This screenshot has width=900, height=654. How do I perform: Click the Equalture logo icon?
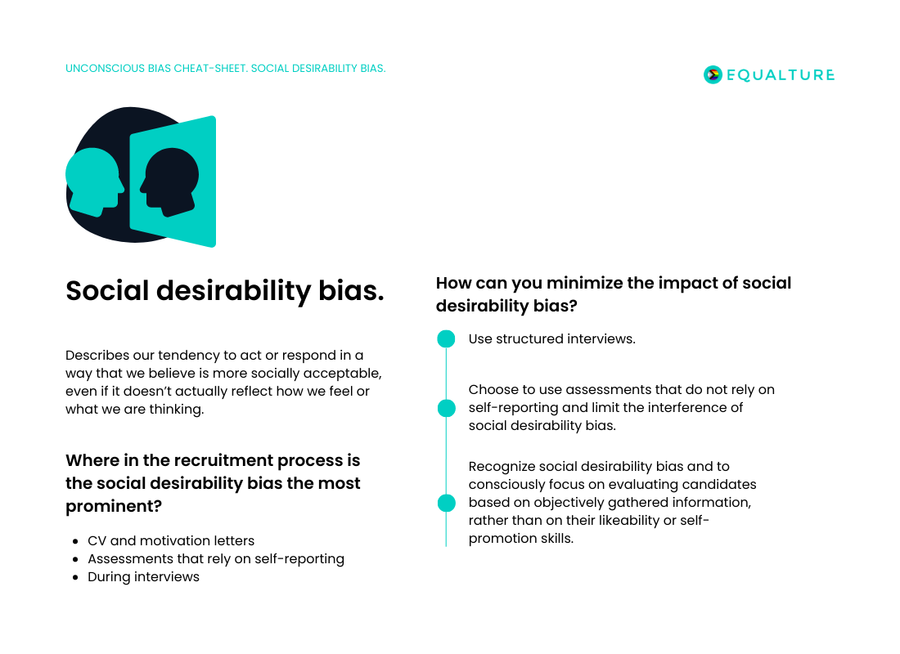[x=713, y=74]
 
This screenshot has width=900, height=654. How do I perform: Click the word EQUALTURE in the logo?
[x=781, y=75]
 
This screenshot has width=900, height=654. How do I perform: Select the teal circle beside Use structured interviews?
[x=446, y=338]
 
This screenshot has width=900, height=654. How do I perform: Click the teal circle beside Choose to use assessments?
[x=446, y=408]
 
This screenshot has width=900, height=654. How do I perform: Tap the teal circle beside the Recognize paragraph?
[x=446, y=503]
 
